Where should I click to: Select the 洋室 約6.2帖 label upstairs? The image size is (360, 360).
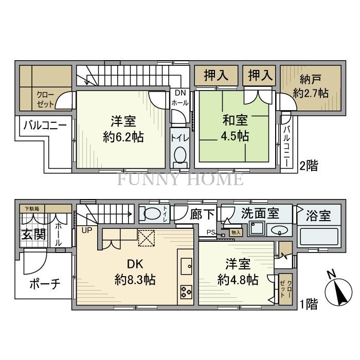(123, 129)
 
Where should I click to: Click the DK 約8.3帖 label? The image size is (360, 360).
(135, 273)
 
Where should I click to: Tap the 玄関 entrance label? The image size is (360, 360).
(32, 235)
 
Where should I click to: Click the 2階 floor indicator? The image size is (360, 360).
(308, 166)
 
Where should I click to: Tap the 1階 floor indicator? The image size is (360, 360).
(308, 304)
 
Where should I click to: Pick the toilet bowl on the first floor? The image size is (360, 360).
(151, 213)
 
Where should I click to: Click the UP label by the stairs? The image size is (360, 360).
(86, 229)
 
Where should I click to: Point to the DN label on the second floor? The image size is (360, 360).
(181, 93)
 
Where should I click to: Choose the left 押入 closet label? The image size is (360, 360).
(216, 77)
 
